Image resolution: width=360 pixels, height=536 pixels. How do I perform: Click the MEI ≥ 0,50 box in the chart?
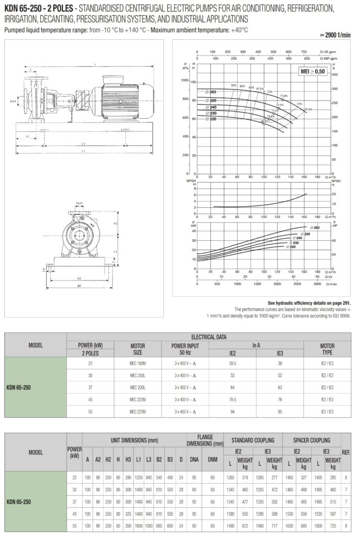pyautogui.click(x=312, y=72)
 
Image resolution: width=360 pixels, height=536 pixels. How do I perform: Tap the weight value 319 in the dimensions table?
pyautogui.click(x=243, y=477)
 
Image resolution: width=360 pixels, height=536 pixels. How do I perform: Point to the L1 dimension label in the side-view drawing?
pyautogui.click(x=84, y=151)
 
